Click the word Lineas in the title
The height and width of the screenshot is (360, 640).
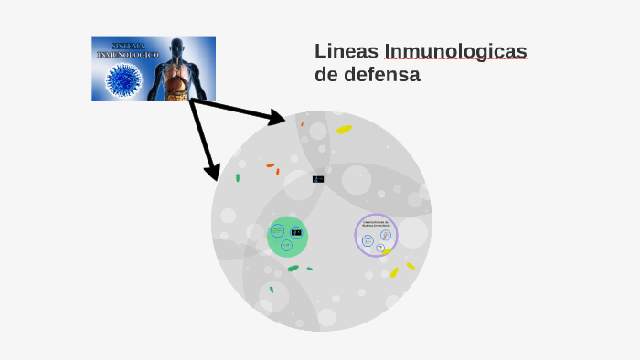pos(346,51)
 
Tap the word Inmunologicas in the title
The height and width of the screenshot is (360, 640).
pos(455,51)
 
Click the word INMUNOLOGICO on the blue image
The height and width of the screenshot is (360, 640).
pos(129,56)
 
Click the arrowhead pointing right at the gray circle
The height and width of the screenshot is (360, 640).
pos(278,118)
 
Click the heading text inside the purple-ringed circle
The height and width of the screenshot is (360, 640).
pos(376,223)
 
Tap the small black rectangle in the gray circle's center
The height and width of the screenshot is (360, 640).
pos(318,179)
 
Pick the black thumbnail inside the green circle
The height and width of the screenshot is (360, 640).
pos(296,232)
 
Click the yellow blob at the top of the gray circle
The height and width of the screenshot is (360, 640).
pos(344,130)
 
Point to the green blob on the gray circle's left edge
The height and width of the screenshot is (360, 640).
pos(238,177)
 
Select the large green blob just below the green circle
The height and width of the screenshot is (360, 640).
pos(293,268)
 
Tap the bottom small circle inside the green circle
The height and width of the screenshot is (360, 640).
pos(286,245)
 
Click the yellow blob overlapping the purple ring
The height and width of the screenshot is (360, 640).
pos(387,251)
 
